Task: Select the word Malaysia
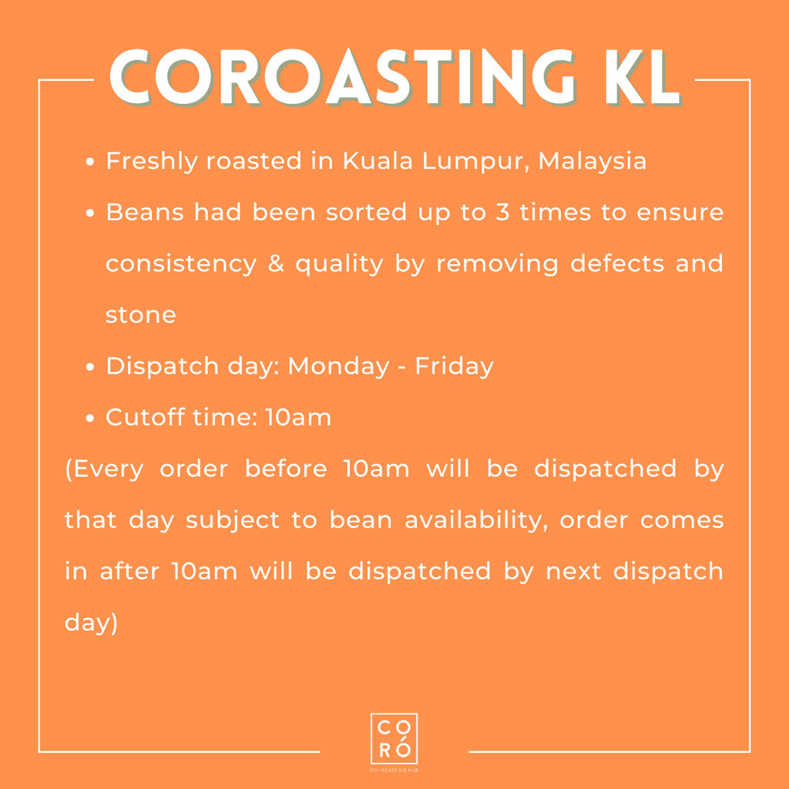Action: click(x=593, y=162)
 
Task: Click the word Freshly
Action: click(x=152, y=162)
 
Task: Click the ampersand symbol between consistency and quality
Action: click(x=276, y=264)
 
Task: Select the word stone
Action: click(x=141, y=315)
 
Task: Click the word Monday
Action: click(x=339, y=366)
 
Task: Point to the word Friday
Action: click(x=455, y=366)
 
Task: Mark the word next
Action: click(x=573, y=572)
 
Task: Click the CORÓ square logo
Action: click(x=394, y=738)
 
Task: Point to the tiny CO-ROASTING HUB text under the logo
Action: click(x=394, y=770)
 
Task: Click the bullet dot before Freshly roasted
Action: click(x=90, y=162)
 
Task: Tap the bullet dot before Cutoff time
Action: click(x=90, y=418)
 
